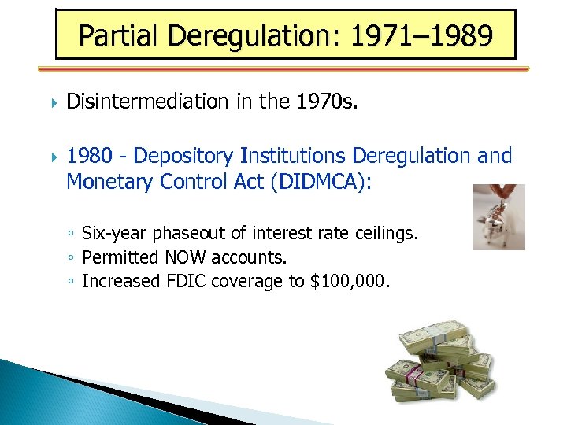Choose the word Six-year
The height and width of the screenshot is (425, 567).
[x=109, y=233]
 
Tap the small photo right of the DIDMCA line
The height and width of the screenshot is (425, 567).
[x=498, y=216]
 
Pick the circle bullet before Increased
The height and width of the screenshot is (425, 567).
[x=72, y=282]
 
